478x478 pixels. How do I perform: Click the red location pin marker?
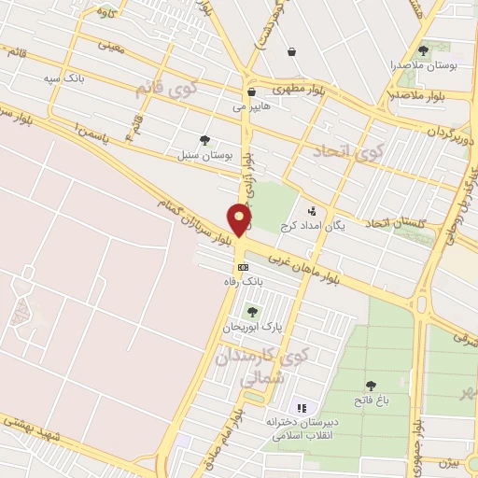click(x=240, y=219)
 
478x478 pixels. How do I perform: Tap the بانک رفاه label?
click(x=240, y=280)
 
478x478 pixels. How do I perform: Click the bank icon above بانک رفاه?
click(x=243, y=267)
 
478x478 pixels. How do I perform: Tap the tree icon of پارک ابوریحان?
click(x=250, y=312)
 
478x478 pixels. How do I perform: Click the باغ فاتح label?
click(x=371, y=401)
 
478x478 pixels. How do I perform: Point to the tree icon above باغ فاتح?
click(x=371, y=386)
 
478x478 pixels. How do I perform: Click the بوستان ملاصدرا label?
click(x=424, y=66)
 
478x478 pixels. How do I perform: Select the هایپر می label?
click(x=252, y=107)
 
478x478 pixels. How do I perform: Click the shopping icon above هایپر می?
click(x=252, y=92)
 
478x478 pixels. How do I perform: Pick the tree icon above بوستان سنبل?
click(x=204, y=140)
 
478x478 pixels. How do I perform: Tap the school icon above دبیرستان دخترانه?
click(x=301, y=408)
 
